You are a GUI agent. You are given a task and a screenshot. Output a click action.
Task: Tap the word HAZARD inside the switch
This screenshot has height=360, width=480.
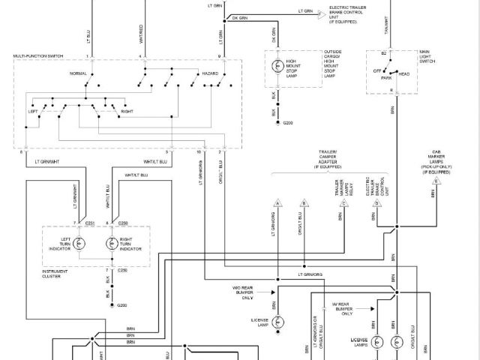coord(209,73)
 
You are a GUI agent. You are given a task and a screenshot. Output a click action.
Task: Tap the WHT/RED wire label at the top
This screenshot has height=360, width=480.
coord(141,34)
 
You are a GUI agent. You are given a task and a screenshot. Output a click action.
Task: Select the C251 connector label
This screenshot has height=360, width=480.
coord(89,223)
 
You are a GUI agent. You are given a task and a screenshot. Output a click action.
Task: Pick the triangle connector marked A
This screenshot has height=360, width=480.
coord(277,203)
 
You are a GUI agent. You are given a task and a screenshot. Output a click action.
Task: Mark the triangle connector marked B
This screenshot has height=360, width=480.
coord(303,203)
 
